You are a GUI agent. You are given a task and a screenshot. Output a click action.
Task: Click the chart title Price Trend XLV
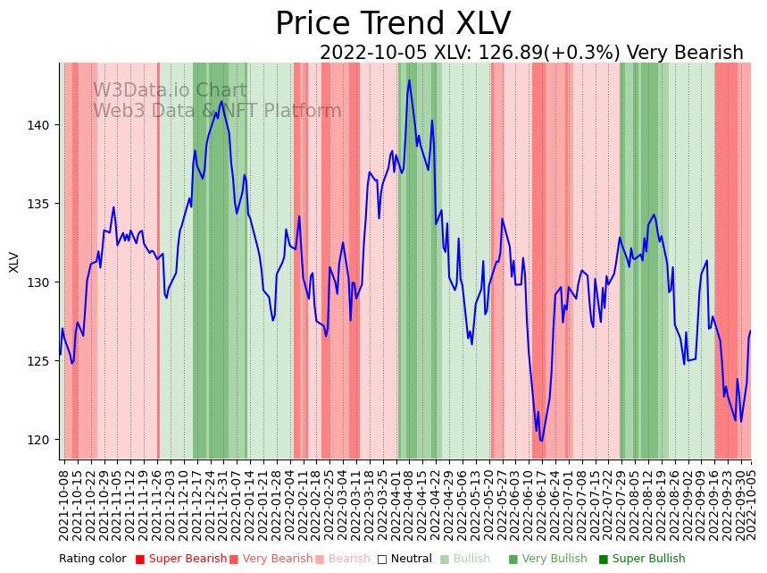coord(393,24)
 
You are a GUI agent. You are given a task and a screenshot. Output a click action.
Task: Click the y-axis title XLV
coord(14,261)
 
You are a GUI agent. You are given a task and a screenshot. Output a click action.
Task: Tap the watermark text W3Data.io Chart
coord(170,91)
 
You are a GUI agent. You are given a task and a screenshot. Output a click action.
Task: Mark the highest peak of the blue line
coord(409,80)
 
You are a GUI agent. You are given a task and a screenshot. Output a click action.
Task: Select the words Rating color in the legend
coord(93,560)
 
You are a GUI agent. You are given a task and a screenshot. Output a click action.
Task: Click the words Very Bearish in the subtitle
coord(685,54)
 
